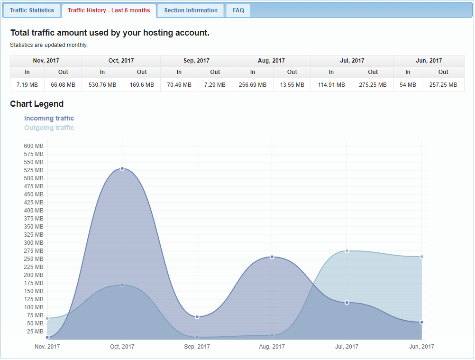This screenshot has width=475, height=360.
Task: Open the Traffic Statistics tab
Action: coord(32,10)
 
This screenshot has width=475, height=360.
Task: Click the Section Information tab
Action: coord(191,10)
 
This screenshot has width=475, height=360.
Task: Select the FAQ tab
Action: coord(238,10)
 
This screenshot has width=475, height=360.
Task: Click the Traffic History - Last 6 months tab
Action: coord(109,10)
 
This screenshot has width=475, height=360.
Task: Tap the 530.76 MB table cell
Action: coord(102,85)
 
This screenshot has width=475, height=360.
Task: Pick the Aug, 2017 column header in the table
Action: coord(271,61)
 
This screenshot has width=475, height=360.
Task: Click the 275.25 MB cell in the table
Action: coord(373,85)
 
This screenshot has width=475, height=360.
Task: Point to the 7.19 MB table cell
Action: coord(27,85)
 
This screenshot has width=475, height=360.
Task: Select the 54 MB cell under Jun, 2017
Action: coord(408,85)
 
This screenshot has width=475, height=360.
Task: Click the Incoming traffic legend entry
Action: coord(49,118)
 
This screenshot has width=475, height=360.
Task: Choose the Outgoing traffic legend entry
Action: coord(49,128)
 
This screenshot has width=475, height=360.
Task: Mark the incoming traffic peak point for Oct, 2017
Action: coord(122,168)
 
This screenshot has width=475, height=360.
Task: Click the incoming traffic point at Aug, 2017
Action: coord(272,257)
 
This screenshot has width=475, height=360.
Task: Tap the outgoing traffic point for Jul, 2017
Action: coord(347,251)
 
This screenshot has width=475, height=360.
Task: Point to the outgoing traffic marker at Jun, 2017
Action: coord(421,257)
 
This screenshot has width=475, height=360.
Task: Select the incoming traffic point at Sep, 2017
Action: coord(197,317)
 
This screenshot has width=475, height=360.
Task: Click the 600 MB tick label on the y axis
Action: coord(34,146)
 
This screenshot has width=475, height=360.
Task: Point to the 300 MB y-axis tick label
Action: coord(34,243)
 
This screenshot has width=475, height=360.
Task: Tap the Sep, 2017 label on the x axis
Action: coord(197,347)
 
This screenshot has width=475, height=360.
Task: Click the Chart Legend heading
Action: coord(37,104)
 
